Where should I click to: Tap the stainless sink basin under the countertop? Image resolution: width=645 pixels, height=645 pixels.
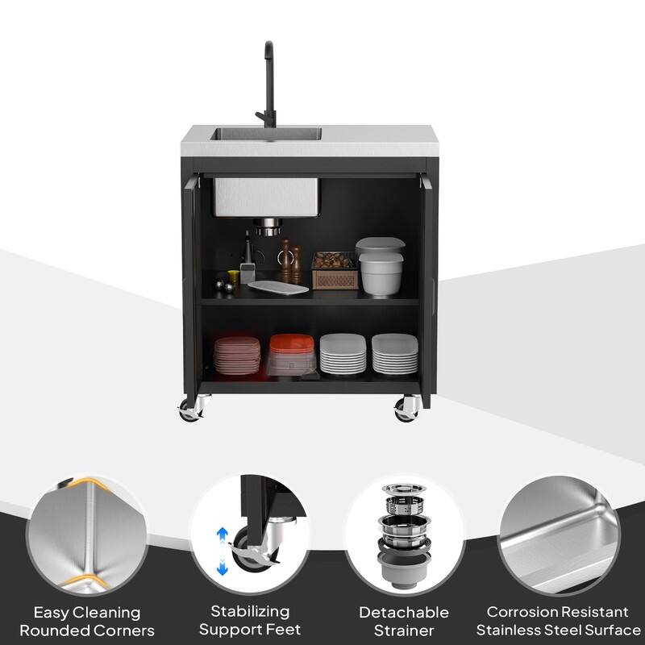pos(266,197)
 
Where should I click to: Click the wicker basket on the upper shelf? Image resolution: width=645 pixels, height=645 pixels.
pos(335,271)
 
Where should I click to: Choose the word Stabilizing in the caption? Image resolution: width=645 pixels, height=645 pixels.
pos(250,611)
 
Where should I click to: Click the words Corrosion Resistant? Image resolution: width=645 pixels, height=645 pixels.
pos(557,612)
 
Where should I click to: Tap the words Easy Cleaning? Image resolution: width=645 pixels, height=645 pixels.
pos(87,613)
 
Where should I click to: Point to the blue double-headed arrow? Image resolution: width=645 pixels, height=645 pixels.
pos(223,551)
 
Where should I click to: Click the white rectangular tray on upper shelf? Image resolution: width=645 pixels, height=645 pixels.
pos(278,287)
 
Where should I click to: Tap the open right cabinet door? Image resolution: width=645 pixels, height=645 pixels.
pos(428,282)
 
